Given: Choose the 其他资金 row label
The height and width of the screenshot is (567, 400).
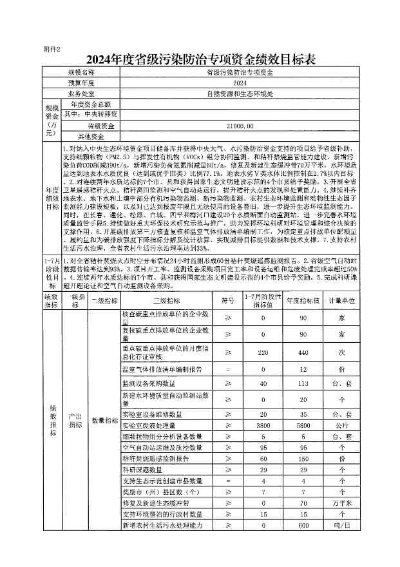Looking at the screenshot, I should point(90,137).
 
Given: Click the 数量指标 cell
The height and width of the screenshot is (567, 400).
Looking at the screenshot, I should point(104,420).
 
